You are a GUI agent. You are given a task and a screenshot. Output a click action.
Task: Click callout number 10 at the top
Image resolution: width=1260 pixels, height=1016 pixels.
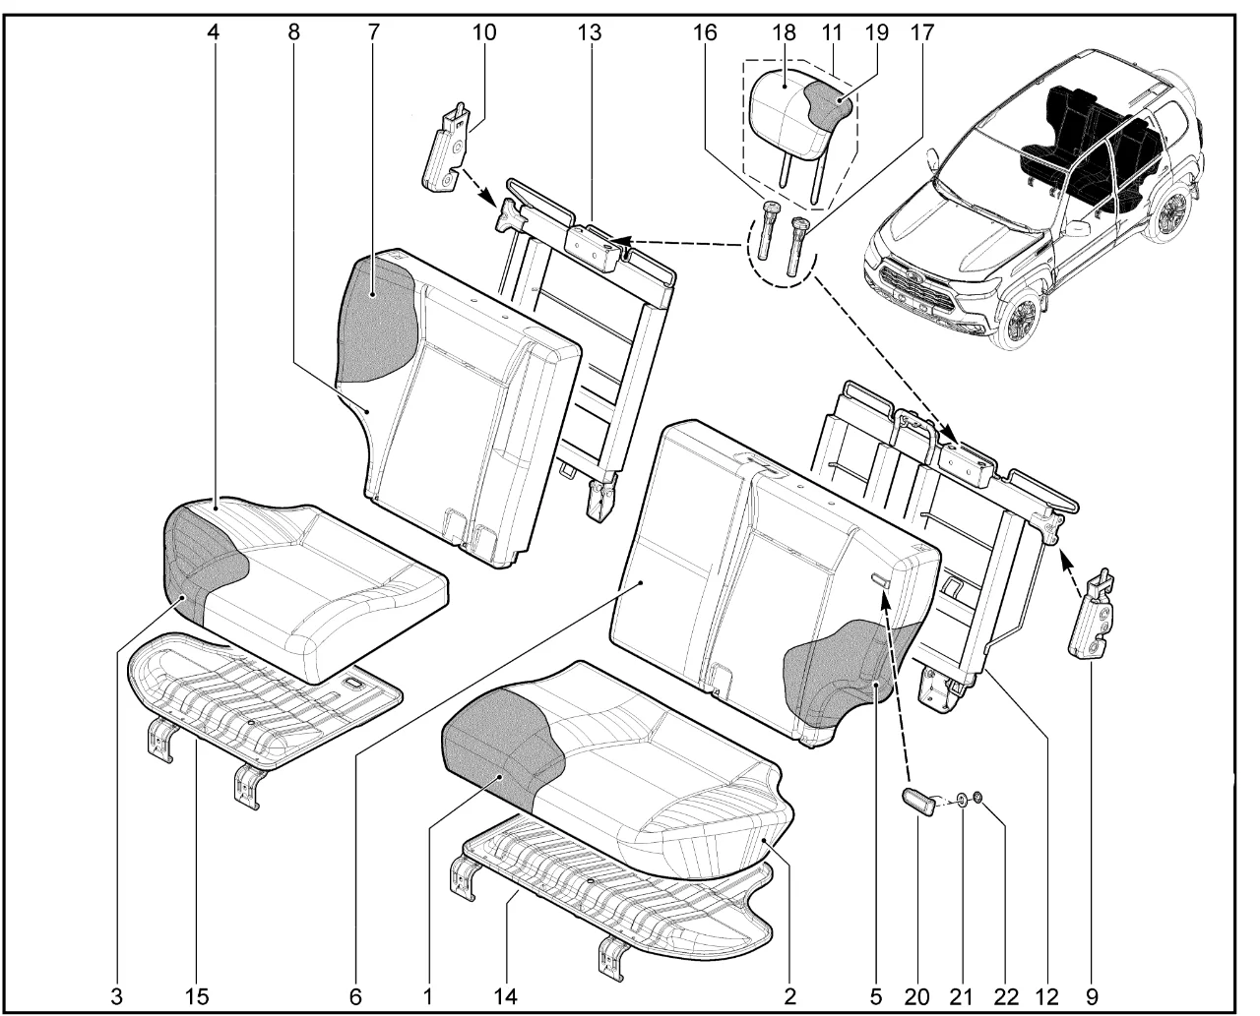pos(483,31)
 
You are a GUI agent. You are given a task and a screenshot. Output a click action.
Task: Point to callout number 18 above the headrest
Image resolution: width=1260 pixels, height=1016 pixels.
pos(785,31)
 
